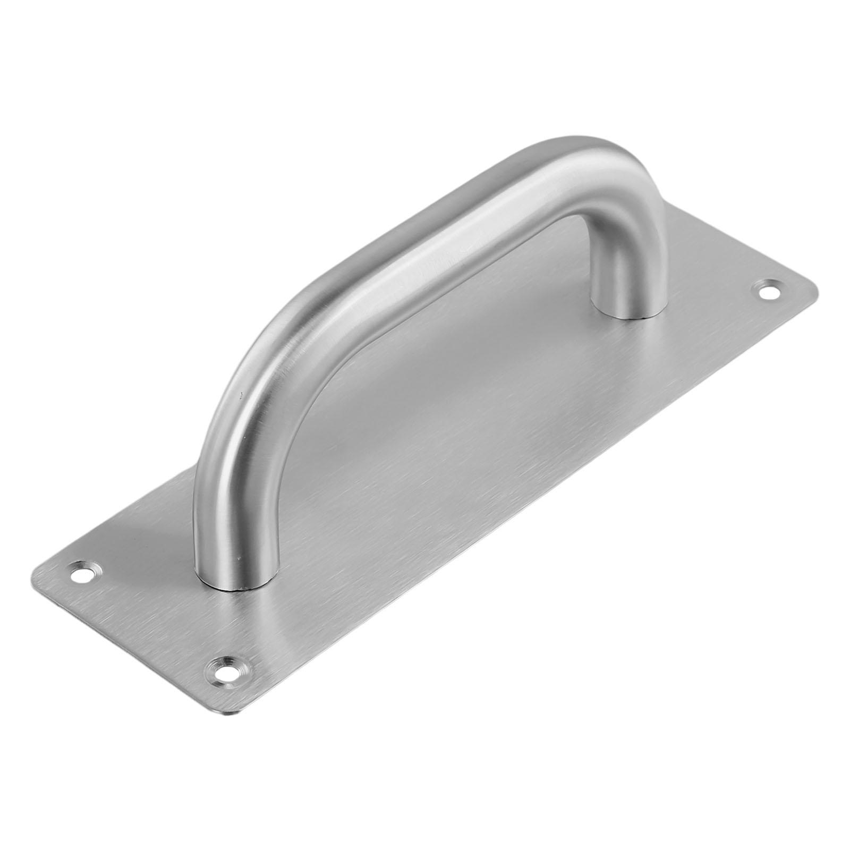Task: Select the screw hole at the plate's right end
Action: [x=767, y=291]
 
